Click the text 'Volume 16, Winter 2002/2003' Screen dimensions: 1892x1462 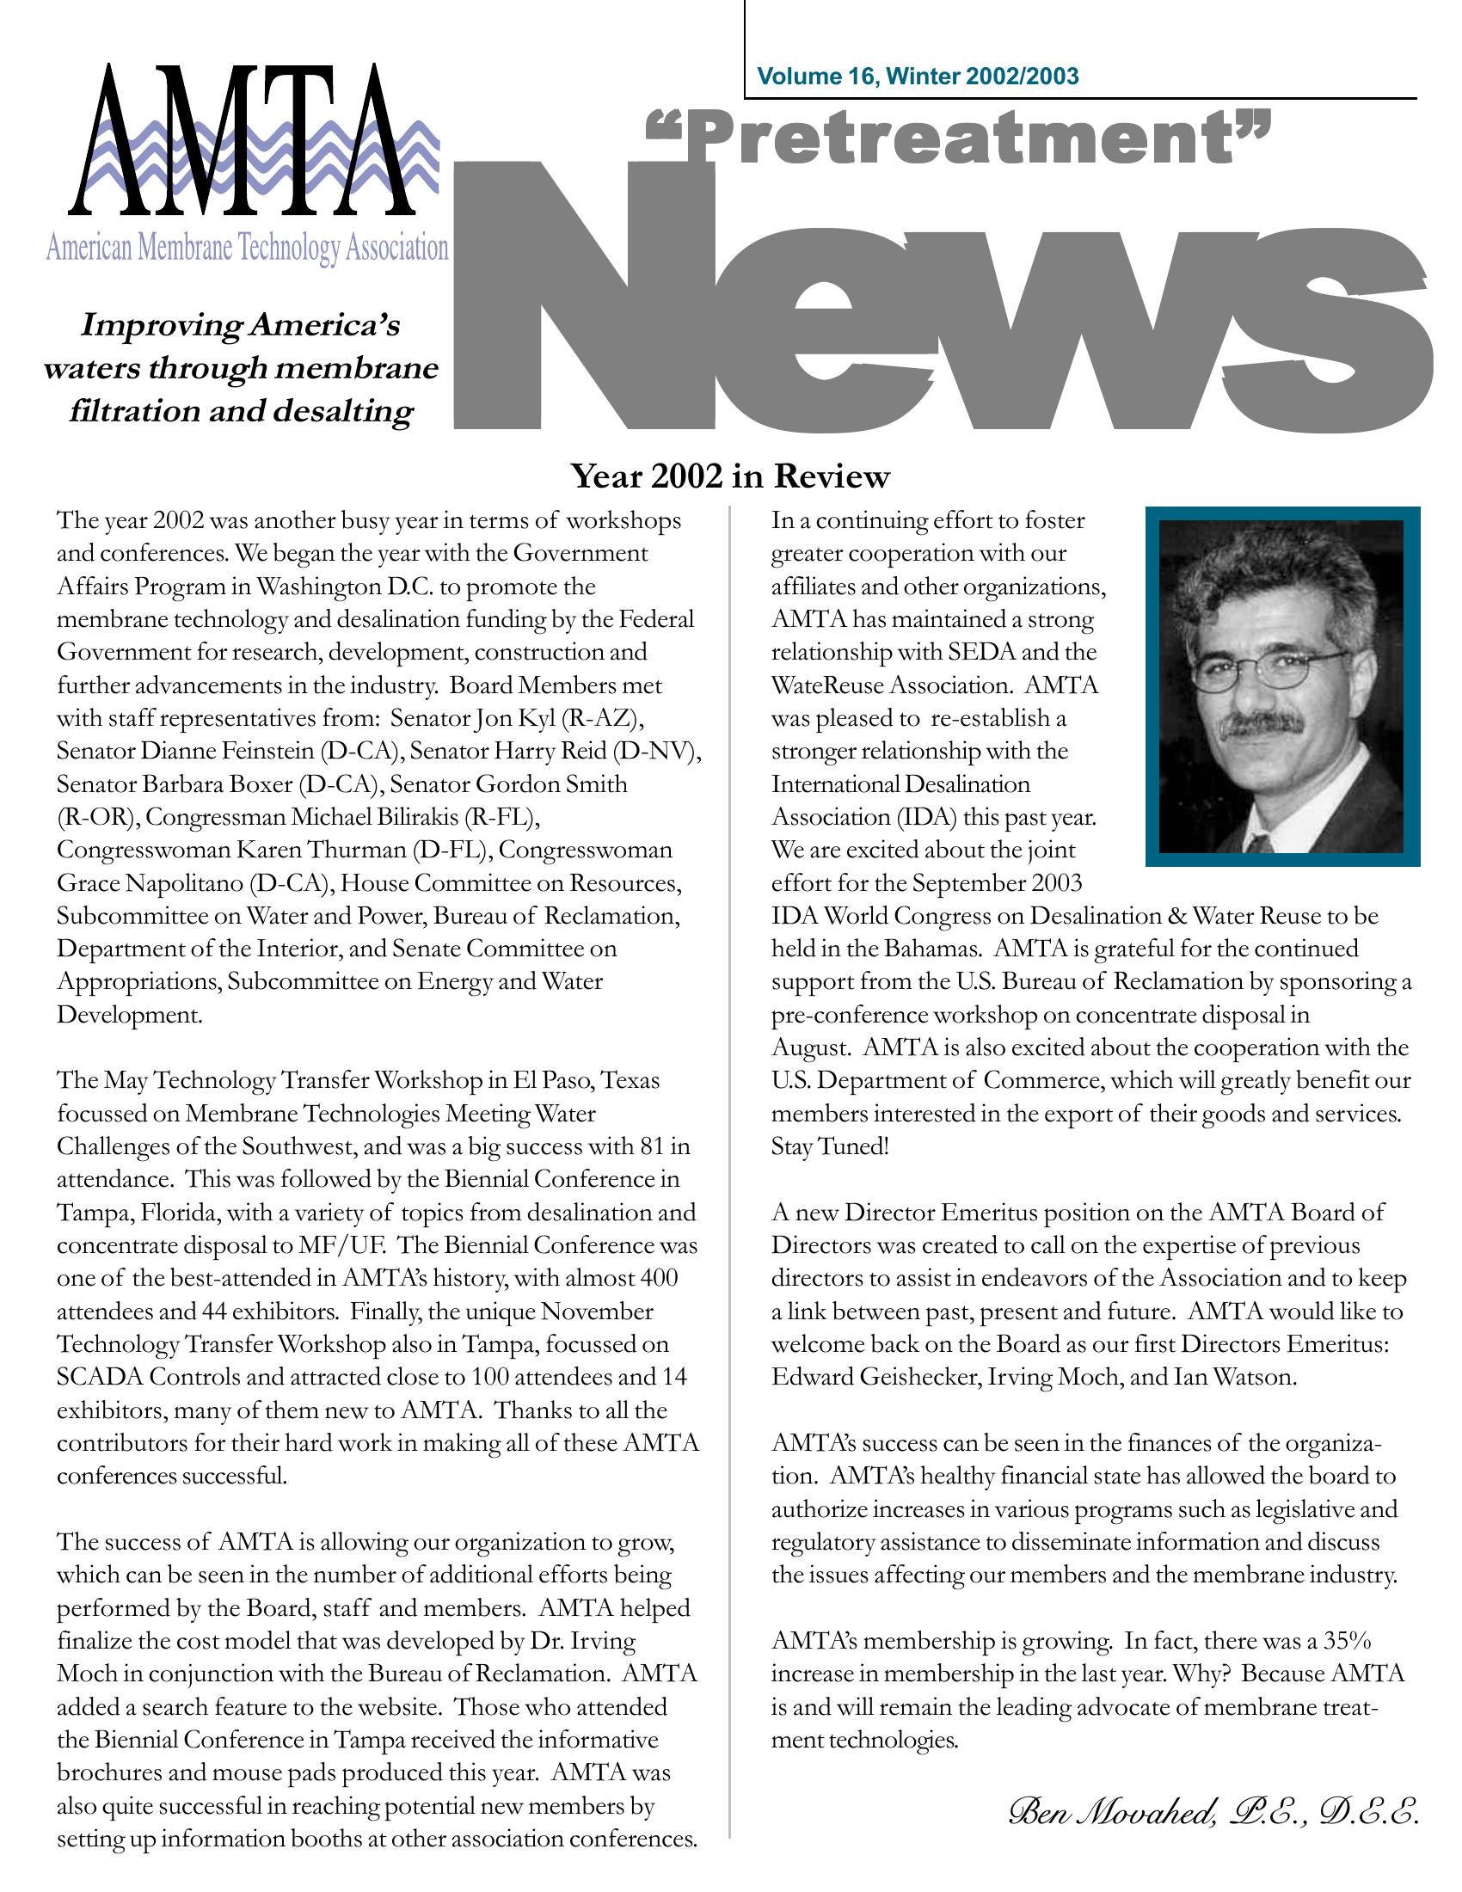click(x=918, y=77)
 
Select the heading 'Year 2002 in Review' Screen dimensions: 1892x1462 click(x=730, y=476)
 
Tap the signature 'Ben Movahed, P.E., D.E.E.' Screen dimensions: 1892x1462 click(x=1213, y=1810)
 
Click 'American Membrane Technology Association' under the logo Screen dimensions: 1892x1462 click(x=247, y=248)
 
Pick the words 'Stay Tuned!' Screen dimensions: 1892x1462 click(x=830, y=1146)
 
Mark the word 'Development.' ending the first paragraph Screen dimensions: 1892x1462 click(x=130, y=1015)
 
